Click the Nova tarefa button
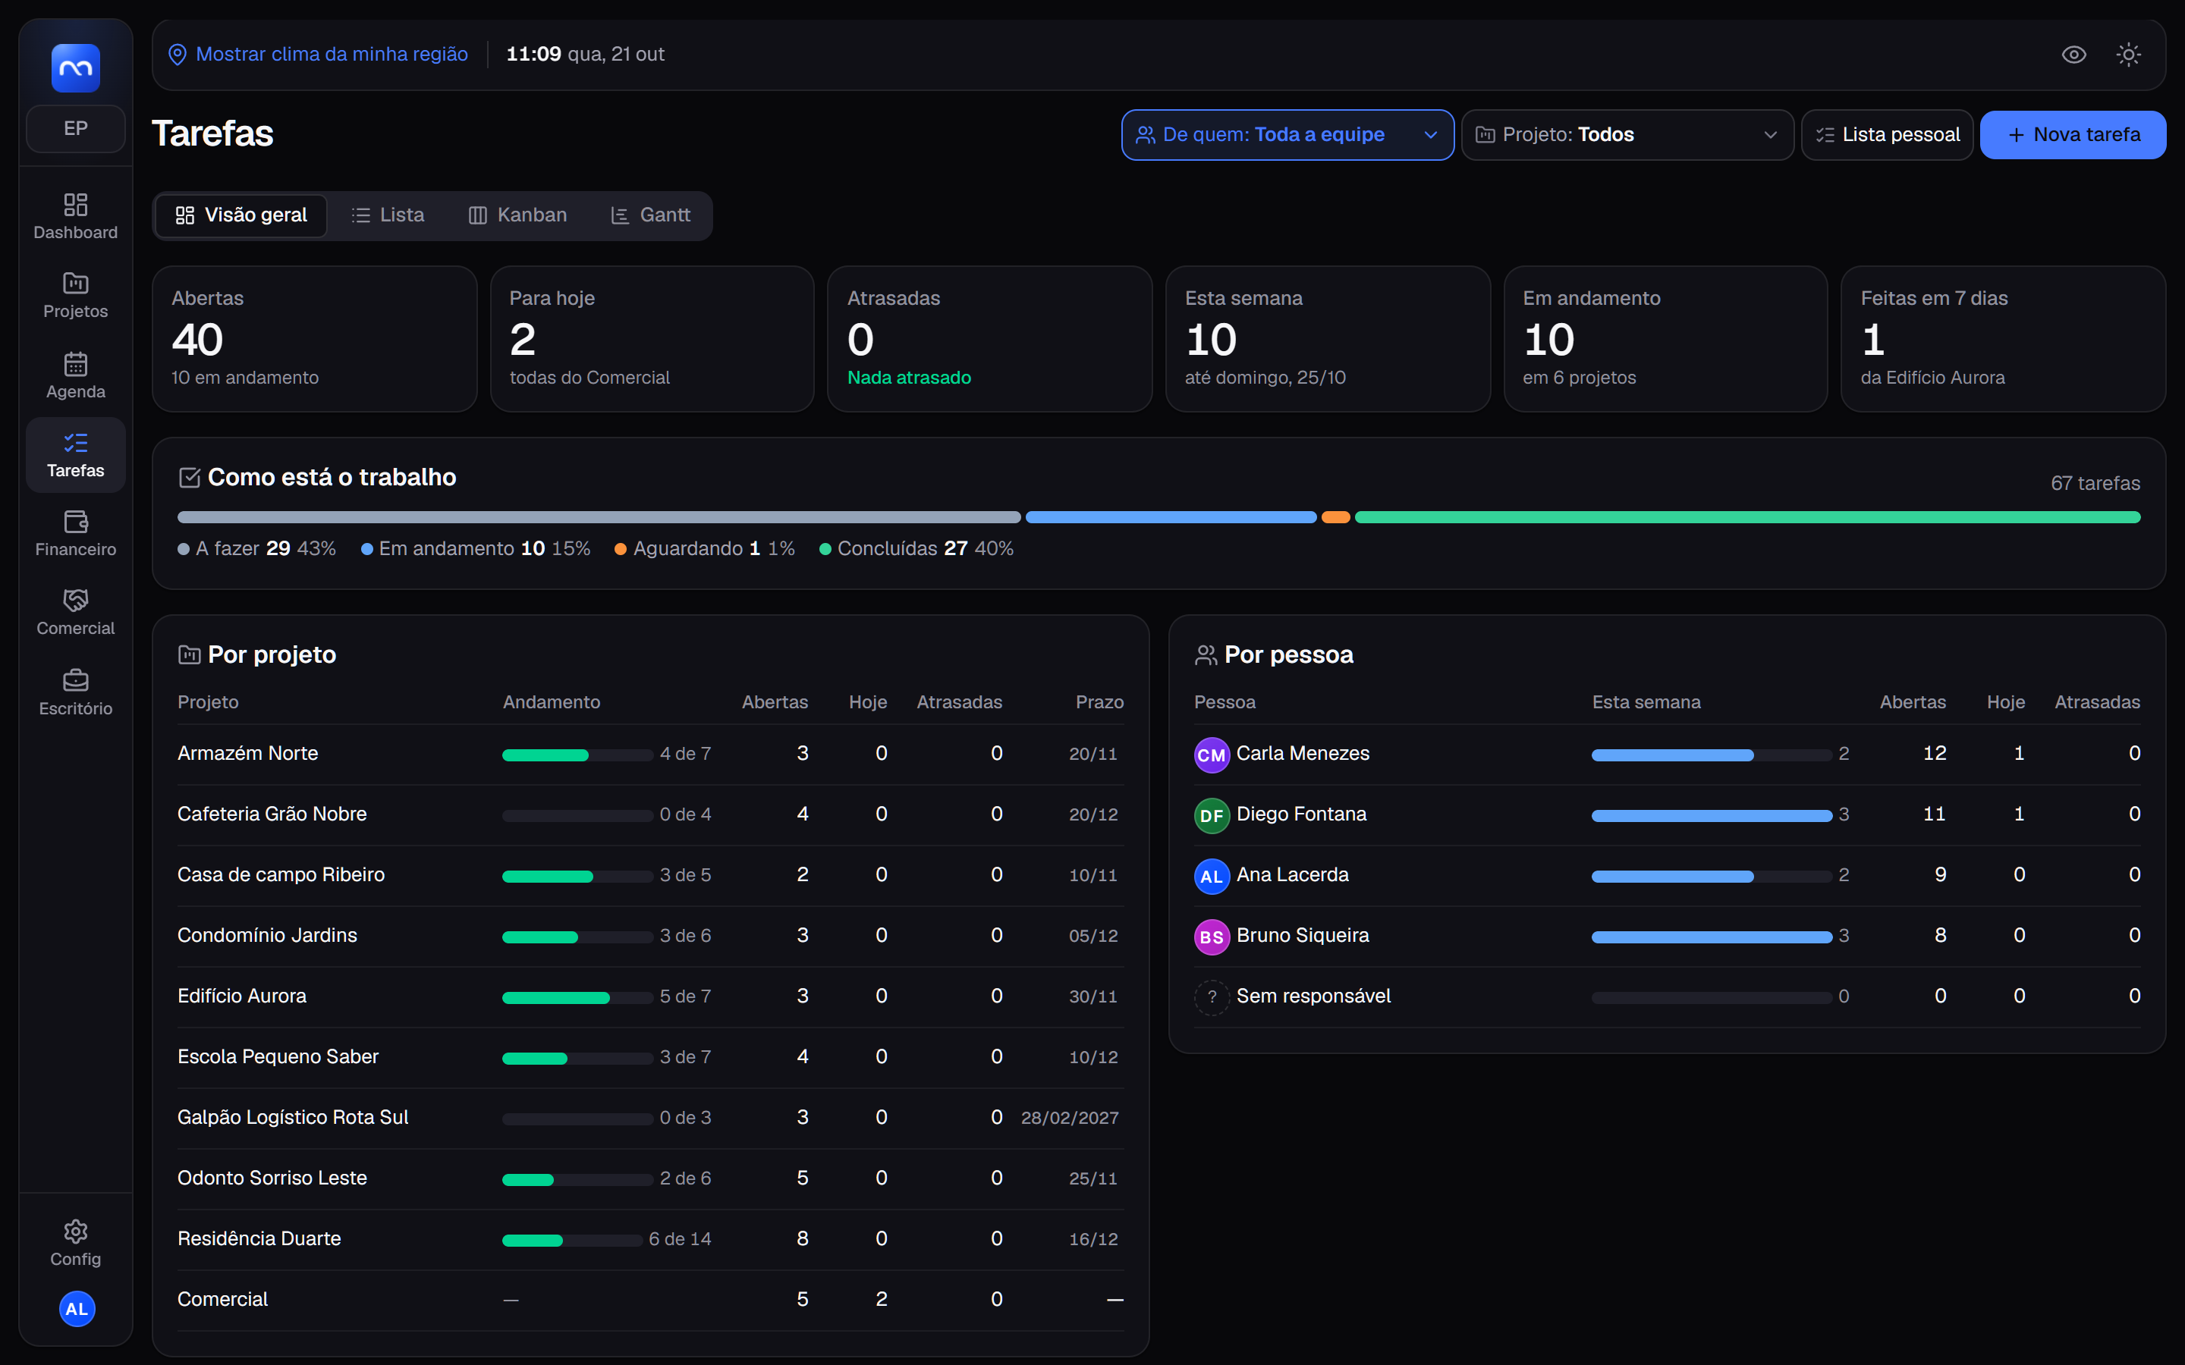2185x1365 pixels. point(2072,134)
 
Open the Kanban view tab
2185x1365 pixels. point(517,215)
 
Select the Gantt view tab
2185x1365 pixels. point(650,215)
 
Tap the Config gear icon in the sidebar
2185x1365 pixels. point(76,1232)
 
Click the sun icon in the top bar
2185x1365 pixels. point(2128,54)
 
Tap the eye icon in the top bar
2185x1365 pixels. point(2074,54)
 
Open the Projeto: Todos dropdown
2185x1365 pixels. point(1627,134)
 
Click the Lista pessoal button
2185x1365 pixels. point(1887,134)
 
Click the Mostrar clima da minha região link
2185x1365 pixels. point(332,54)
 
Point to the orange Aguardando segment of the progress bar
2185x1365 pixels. point(1335,517)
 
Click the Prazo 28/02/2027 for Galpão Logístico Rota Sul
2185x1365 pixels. point(1070,1118)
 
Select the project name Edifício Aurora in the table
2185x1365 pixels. point(242,996)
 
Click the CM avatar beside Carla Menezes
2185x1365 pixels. point(1212,755)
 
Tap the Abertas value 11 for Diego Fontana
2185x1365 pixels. point(1934,814)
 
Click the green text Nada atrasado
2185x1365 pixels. point(909,378)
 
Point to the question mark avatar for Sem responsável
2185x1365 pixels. point(1212,996)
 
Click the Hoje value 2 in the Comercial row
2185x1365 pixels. point(882,1299)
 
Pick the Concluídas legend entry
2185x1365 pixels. point(916,548)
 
